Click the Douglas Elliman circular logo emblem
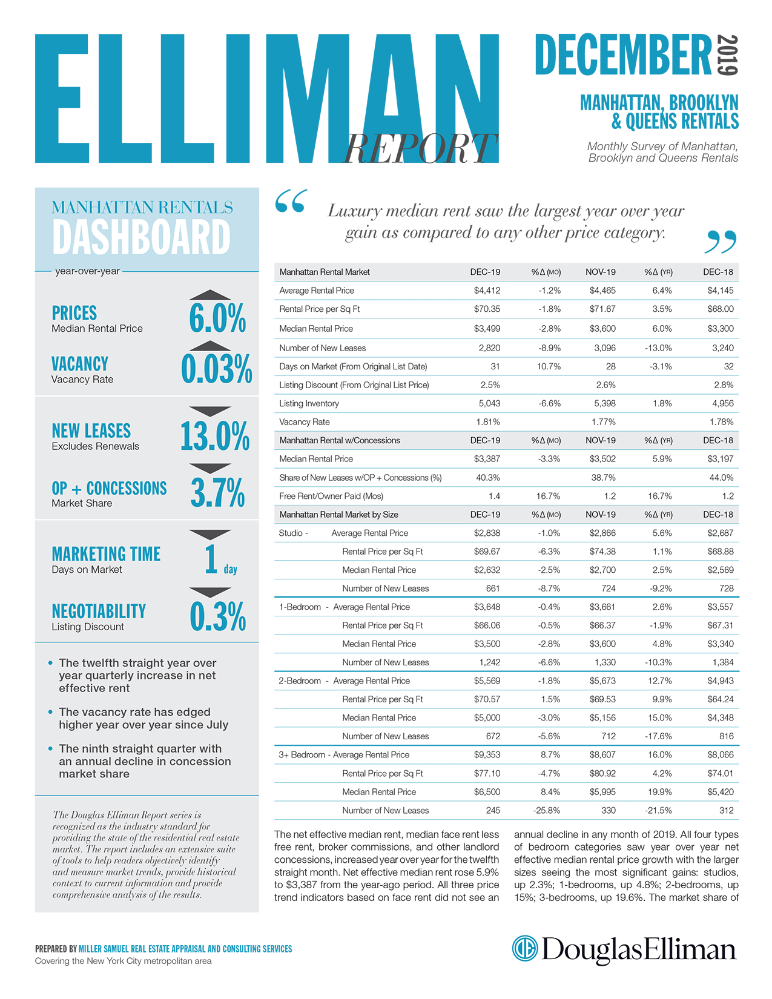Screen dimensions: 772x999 pyautogui.click(x=524, y=948)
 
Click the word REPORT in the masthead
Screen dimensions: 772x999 pyautogui.click(x=420, y=148)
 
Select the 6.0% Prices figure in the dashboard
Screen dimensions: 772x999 pyautogui.click(x=217, y=318)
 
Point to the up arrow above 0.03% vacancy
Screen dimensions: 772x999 pyautogui.click(x=209, y=346)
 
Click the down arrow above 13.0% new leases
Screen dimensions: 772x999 pyautogui.click(x=209, y=411)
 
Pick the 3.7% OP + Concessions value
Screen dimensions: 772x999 pyautogui.click(x=217, y=492)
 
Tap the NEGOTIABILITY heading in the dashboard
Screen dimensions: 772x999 pyautogui.click(x=99, y=611)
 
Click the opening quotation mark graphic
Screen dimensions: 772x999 pyautogui.click(x=291, y=201)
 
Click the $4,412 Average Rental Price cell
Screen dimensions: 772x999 pyautogui.click(x=487, y=291)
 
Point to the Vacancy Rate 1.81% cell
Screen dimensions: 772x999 pyautogui.click(x=488, y=421)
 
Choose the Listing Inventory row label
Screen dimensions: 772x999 pyautogui.click(x=309, y=403)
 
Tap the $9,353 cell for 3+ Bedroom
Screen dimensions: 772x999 pyautogui.click(x=487, y=754)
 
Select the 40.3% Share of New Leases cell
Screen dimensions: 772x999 pyautogui.click(x=488, y=477)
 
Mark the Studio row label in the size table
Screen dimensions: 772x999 pyautogui.click(x=291, y=533)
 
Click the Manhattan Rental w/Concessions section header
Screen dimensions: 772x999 pyautogui.click(x=339, y=440)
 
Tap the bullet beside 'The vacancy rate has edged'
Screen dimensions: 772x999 pyautogui.click(x=50, y=711)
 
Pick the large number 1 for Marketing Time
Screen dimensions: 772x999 pyautogui.click(x=211, y=559)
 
